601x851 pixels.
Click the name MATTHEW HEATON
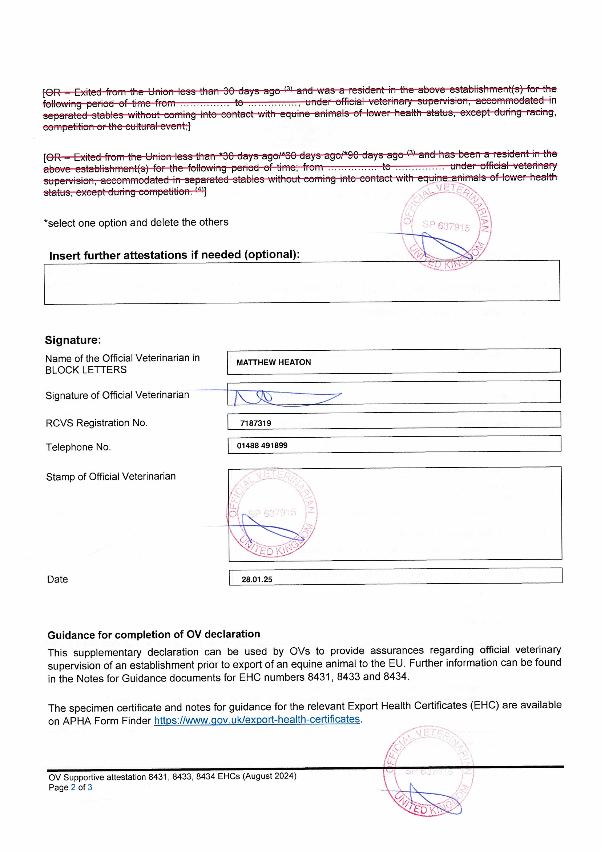click(x=273, y=362)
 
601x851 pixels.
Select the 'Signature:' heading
click(x=73, y=340)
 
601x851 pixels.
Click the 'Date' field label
click(x=57, y=579)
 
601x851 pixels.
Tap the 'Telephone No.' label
click(x=78, y=447)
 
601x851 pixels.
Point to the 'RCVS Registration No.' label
click(x=96, y=423)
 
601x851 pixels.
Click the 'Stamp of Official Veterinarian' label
click(x=111, y=476)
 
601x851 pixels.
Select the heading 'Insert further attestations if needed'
click(x=174, y=255)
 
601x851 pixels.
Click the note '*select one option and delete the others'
click(x=136, y=222)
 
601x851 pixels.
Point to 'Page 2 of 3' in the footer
click(x=70, y=787)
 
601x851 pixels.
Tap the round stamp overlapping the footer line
click(x=429, y=771)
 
